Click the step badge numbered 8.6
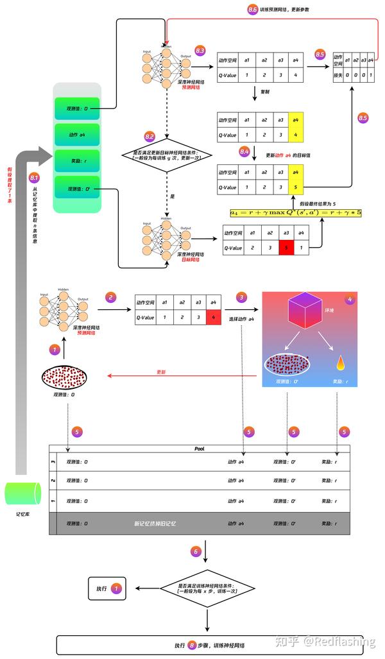point(252,10)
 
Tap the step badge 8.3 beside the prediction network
point(200,50)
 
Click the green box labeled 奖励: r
point(78,161)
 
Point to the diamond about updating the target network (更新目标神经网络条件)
point(166,155)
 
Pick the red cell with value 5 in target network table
point(286,247)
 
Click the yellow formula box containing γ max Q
point(296,212)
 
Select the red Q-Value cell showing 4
point(213,317)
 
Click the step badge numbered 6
point(196,551)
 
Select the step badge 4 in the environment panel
point(349,299)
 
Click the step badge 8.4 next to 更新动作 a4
point(244,152)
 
